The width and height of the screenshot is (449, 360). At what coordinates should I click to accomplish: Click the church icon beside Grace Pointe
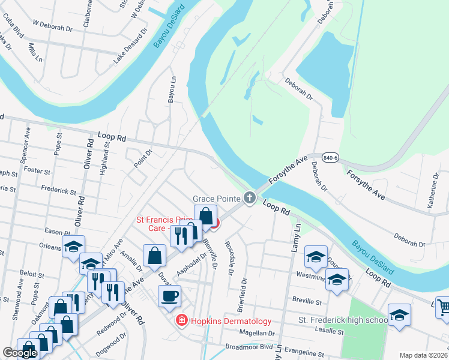pyautogui.click(x=250, y=197)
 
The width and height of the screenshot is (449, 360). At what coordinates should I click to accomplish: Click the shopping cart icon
pyautogui.click(x=443, y=308)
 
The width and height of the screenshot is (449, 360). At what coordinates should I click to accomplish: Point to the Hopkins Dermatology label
pyautogui.click(x=231, y=322)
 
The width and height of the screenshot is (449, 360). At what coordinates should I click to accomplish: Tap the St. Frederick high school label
pyautogui.click(x=343, y=320)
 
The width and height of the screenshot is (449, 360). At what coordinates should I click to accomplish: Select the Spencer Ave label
pyautogui.click(x=28, y=142)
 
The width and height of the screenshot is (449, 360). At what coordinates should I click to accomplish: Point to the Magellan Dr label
pyautogui.click(x=256, y=333)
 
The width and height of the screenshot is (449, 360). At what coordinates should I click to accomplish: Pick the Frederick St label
pyautogui.click(x=59, y=191)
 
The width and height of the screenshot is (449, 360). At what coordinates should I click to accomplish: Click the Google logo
pyautogui.click(x=20, y=353)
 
